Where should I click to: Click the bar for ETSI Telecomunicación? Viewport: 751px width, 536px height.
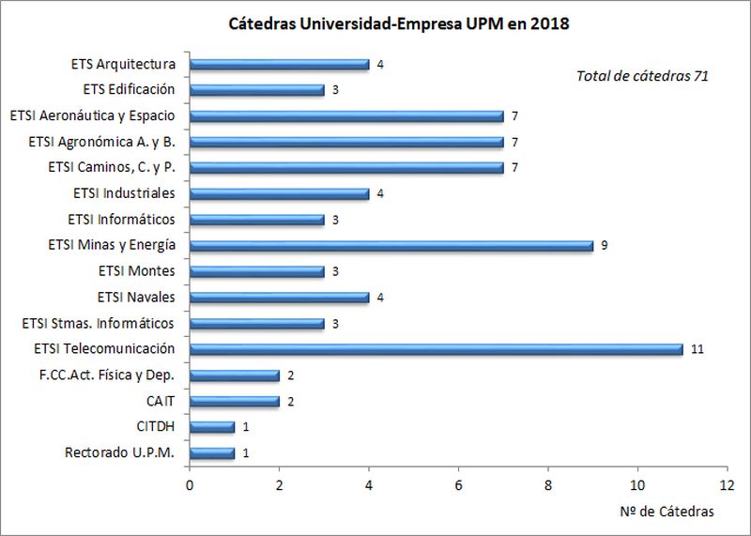pyautogui.click(x=437, y=349)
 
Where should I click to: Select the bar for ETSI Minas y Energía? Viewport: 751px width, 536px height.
pyautogui.click(x=391, y=246)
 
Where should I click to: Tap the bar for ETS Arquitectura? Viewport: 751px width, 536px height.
pyautogui.click(x=280, y=65)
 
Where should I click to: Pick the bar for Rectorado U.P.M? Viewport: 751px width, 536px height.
pyautogui.click(x=212, y=453)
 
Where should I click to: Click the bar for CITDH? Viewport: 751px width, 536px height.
pyautogui.click(x=212, y=427)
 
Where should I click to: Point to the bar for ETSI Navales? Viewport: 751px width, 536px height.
pyautogui.click(x=280, y=298)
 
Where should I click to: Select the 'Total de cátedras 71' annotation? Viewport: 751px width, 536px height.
pyautogui.click(x=641, y=75)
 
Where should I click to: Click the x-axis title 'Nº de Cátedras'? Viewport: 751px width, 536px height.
pyautogui.click(x=667, y=512)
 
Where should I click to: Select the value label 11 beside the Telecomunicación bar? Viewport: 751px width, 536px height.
pyautogui.click(x=697, y=349)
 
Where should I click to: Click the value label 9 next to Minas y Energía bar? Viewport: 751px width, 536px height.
pyautogui.click(x=605, y=246)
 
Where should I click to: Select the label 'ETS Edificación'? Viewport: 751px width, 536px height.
pyautogui.click(x=129, y=90)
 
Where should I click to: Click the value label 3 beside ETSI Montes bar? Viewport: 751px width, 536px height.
pyautogui.click(x=336, y=272)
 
